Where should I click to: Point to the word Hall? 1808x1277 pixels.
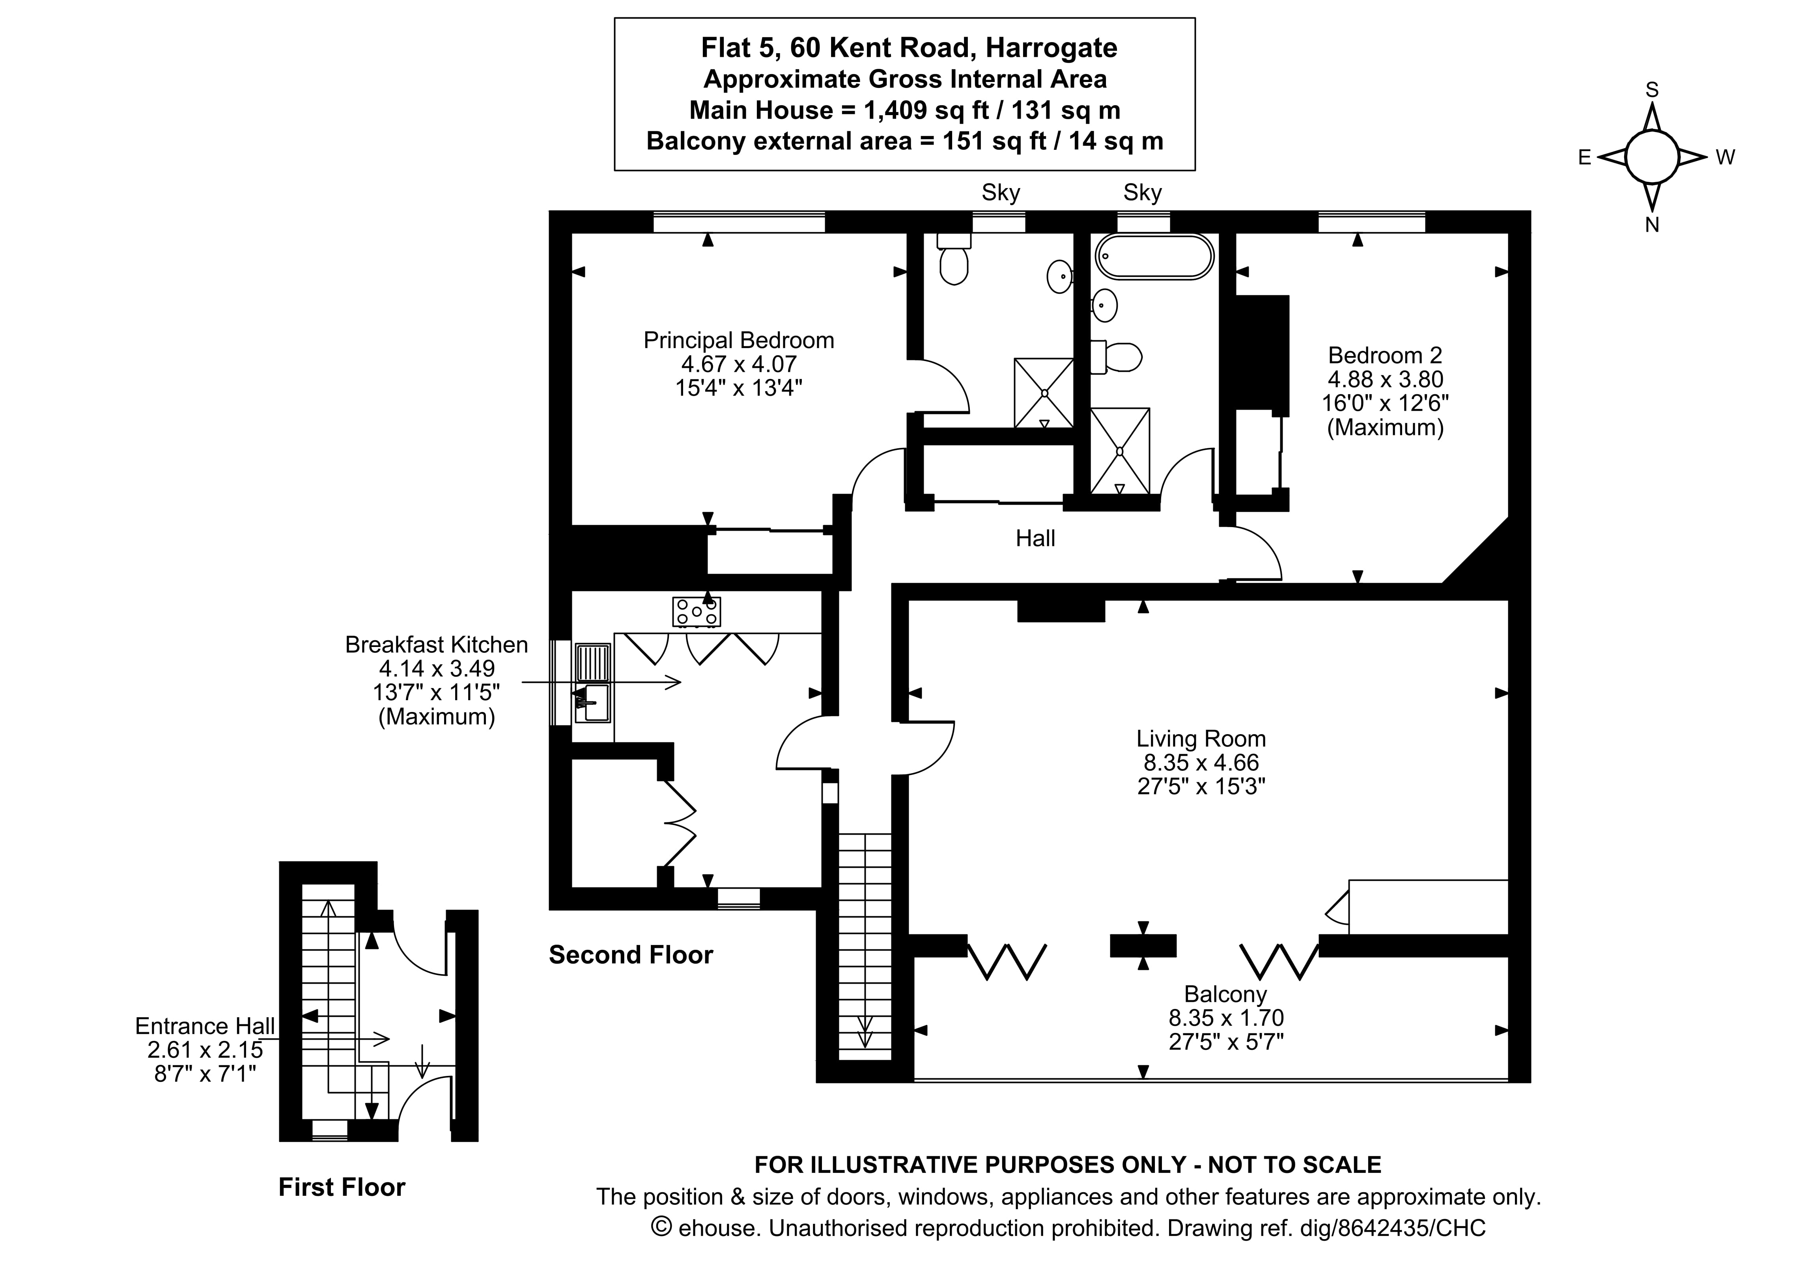point(1035,539)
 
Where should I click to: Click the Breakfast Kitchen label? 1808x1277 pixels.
point(436,645)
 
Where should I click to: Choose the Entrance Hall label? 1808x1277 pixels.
point(205,1026)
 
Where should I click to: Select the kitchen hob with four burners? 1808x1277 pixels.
point(696,612)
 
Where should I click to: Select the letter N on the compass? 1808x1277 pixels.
point(1651,225)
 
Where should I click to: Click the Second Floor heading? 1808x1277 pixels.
point(631,955)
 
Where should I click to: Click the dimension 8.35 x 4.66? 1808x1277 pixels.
point(1201,762)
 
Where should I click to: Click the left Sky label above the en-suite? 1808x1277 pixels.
point(1000,193)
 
